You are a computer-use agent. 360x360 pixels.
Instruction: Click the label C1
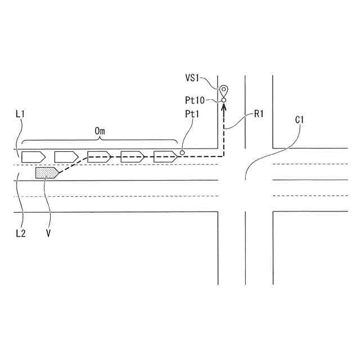299,120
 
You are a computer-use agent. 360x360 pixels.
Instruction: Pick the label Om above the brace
100,131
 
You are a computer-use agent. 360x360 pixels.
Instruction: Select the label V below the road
49,232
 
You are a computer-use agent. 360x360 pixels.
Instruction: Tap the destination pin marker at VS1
223,89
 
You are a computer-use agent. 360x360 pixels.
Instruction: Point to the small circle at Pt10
223,101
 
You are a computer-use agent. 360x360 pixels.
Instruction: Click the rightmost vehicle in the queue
166,156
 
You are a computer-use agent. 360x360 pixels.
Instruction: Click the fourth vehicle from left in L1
133,156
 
